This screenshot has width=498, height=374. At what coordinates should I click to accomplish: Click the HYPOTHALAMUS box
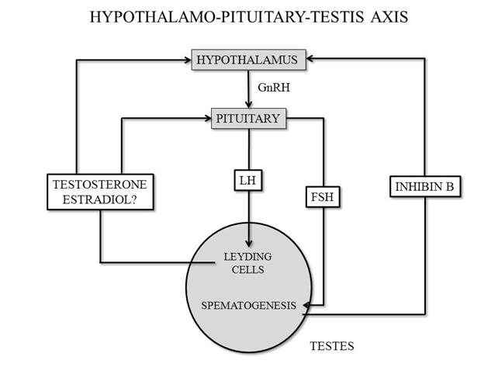(x=249, y=60)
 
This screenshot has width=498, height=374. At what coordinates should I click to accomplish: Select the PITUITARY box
(x=249, y=119)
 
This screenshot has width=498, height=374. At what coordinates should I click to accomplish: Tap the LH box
(x=248, y=181)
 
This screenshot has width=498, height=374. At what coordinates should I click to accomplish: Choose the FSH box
(x=323, y=197)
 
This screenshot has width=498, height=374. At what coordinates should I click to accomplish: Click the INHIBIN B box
(x=425, y=186)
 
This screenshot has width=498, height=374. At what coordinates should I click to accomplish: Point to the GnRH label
(x=274, y=88)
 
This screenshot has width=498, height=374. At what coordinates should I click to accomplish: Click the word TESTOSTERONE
(x=100, y=185)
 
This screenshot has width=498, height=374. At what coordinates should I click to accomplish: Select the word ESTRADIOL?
(x=100, y=199)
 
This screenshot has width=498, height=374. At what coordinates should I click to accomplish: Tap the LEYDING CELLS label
(x=247, y=263)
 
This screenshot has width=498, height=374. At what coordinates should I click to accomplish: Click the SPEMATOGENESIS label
(x=248, y=306)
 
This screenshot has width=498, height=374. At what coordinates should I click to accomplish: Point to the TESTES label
(x=332, y=346)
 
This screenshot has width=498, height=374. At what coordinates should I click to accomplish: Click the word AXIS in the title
(x=389, y=17)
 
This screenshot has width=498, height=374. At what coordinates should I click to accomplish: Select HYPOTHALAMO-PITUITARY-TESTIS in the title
(x=227, y=17)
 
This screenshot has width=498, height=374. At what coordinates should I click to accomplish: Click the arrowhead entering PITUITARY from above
(x=249, y=105)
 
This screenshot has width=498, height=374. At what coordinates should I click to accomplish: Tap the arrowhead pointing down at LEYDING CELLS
(x=249, y=243)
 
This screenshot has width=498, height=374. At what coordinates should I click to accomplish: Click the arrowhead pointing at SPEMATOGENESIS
(x=307, y=306)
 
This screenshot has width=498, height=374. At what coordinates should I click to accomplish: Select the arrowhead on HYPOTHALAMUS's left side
(x=188, y=60)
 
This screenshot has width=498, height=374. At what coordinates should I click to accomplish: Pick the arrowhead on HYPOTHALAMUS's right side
(x=310, y=58)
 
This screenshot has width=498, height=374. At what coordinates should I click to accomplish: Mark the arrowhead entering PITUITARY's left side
(x=207, y=119)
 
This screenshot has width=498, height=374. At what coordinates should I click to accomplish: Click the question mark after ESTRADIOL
(x=134, y=199)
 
